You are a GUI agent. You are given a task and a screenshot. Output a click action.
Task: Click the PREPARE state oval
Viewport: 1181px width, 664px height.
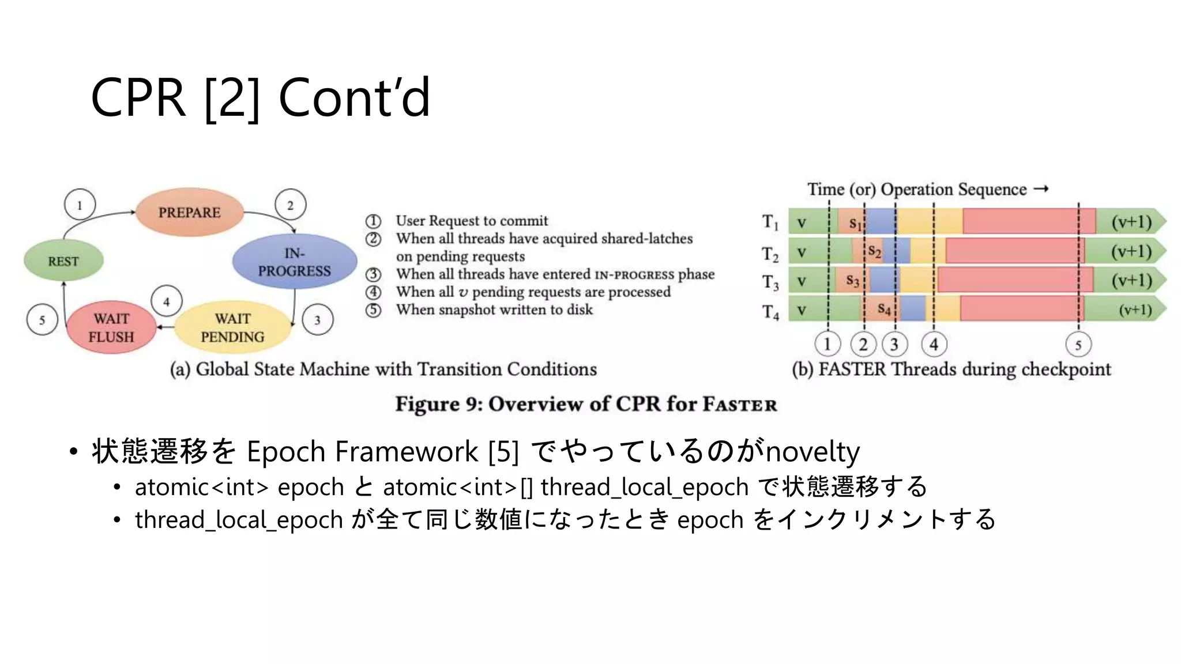(190, 212)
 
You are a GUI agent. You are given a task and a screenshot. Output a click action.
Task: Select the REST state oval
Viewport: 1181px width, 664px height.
(63, 261)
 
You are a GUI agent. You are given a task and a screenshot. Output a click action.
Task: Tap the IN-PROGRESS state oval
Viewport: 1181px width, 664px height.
(294, 262)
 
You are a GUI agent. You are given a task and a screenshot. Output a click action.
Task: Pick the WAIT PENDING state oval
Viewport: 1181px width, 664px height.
(232, 327)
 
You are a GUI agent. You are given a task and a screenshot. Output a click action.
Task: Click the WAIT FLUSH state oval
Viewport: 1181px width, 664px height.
(111, 327)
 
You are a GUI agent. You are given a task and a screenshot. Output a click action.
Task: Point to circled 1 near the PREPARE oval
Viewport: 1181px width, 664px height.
(80, 205)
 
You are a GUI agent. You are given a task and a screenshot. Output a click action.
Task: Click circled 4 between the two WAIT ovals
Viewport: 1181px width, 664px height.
(167, 301)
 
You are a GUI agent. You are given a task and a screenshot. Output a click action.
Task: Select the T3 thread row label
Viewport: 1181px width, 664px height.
(770, 282)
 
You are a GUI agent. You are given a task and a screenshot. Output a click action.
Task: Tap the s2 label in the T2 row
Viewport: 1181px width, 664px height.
(874, 251)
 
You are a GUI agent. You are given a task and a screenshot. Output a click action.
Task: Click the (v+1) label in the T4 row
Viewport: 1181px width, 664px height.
(1135, 310)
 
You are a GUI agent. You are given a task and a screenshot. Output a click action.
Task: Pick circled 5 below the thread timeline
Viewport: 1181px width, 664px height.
(1078, 345)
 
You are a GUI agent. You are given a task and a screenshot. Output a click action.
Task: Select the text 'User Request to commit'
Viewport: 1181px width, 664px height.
(472, 221)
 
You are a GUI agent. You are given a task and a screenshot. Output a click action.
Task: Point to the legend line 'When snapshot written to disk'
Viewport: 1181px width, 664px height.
(494, 310)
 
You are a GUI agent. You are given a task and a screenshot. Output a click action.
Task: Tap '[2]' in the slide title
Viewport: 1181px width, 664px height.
(232, 97)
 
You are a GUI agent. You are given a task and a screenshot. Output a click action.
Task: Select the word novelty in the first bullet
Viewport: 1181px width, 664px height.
(813, 451)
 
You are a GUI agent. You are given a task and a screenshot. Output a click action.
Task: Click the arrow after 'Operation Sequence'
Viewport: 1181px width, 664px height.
(1041, 189)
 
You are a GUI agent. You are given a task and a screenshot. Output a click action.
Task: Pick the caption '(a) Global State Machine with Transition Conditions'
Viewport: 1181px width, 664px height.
(383, 369)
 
